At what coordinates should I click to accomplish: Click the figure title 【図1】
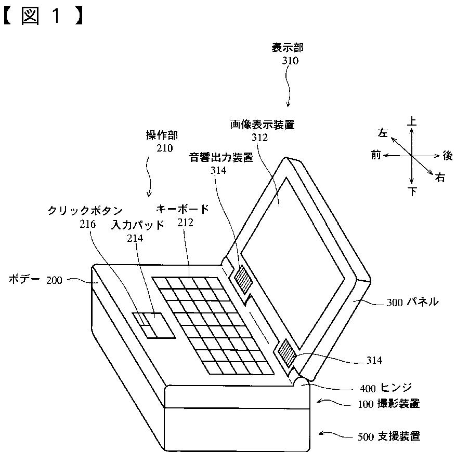(x=43, y=17)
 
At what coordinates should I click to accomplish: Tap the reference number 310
(x=290, y=61)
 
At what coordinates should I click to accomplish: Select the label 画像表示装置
(x=262, y=125)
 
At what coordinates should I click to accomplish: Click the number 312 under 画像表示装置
(x=259, y=138)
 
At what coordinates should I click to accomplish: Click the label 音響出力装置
(x=220, y=158)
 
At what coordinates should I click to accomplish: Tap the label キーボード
(x=183, y=210)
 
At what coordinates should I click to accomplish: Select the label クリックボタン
(x=85, y=211)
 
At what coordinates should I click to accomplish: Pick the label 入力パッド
(x=138, y=225)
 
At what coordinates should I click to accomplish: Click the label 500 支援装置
(x=388, y=436)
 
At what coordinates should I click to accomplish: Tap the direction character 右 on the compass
(x=440, y=179)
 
